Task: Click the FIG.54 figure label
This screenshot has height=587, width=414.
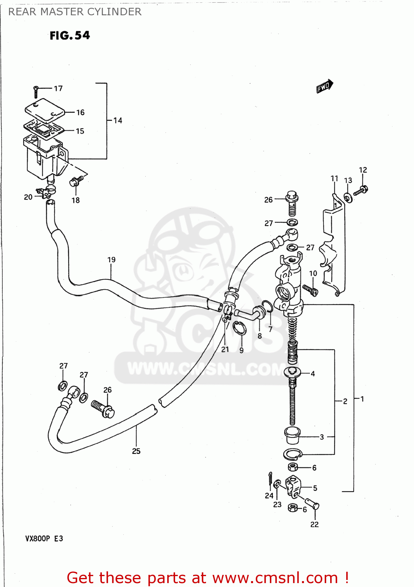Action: pos(70,36)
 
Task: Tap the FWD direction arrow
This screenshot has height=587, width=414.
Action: pos(324,86)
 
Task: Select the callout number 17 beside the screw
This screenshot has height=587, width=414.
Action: pos(58,88)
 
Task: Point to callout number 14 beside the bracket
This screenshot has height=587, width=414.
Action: pos(118,121)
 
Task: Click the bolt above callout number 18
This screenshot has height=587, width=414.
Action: pos(76,181)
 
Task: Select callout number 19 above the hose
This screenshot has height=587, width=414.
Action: pos(111,260)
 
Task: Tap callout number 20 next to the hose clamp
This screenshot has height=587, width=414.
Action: pos(28,197)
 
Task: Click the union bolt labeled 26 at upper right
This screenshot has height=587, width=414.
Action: pos(292,202)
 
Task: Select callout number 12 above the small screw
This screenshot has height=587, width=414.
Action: pos(363,170)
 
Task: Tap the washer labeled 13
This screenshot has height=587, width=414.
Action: pos(348,198)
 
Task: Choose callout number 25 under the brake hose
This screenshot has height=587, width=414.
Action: pos(136,451)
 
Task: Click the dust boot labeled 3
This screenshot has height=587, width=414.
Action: pos(292,435)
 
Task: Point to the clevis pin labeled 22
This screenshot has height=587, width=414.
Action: pos(311,503)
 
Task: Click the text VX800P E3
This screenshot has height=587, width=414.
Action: pos(44,538)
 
